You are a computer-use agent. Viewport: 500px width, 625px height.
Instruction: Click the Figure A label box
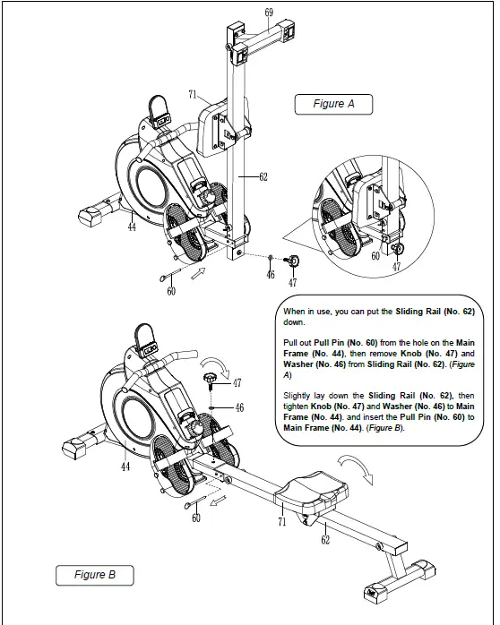coord(333,104)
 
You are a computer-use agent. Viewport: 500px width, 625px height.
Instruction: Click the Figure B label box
coord(94,575)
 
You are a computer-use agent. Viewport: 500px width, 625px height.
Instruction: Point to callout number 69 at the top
coord(269,12)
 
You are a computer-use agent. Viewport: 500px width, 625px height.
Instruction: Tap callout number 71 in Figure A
coord(193,94)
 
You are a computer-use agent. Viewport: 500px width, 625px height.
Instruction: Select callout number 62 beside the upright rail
coord(263,177)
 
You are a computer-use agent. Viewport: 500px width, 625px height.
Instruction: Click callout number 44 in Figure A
coord(132,228)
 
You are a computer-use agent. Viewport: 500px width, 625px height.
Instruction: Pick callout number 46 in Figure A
coord(270,275)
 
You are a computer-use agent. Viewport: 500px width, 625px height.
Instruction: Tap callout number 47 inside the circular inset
coord(396,266)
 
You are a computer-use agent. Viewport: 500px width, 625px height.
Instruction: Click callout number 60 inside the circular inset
coord(375,256)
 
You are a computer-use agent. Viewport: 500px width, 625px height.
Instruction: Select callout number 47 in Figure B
coord(237,382)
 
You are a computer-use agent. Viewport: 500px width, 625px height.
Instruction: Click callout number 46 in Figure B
coord(237,407)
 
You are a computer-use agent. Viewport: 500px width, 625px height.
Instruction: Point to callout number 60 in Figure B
coord(196,518)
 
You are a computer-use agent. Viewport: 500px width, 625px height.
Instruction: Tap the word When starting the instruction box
coord(296,309)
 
